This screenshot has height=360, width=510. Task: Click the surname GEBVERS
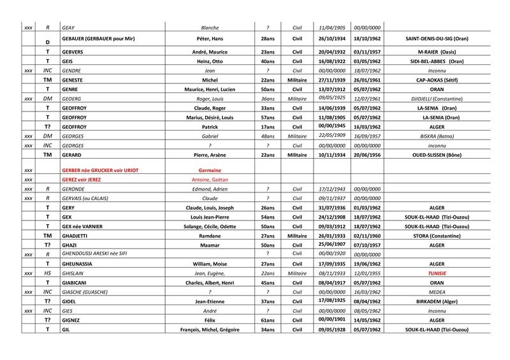pyautogui.click(x=75, y=51)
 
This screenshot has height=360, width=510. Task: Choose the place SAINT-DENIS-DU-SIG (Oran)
pyautogui.click(x=437, y=39)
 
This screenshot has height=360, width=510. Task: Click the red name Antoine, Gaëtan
pyautogui.click(x=210, y=180)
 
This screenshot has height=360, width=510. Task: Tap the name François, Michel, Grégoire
pyautogui.click(x=210, y=330)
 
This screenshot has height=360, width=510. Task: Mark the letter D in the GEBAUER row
pyautogui.click(x=47, y=42)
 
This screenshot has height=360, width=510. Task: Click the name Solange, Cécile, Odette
pyautogui.click(x=210, y=226)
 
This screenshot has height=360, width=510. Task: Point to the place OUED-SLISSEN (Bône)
pyautogui.click(x=437, y=155)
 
